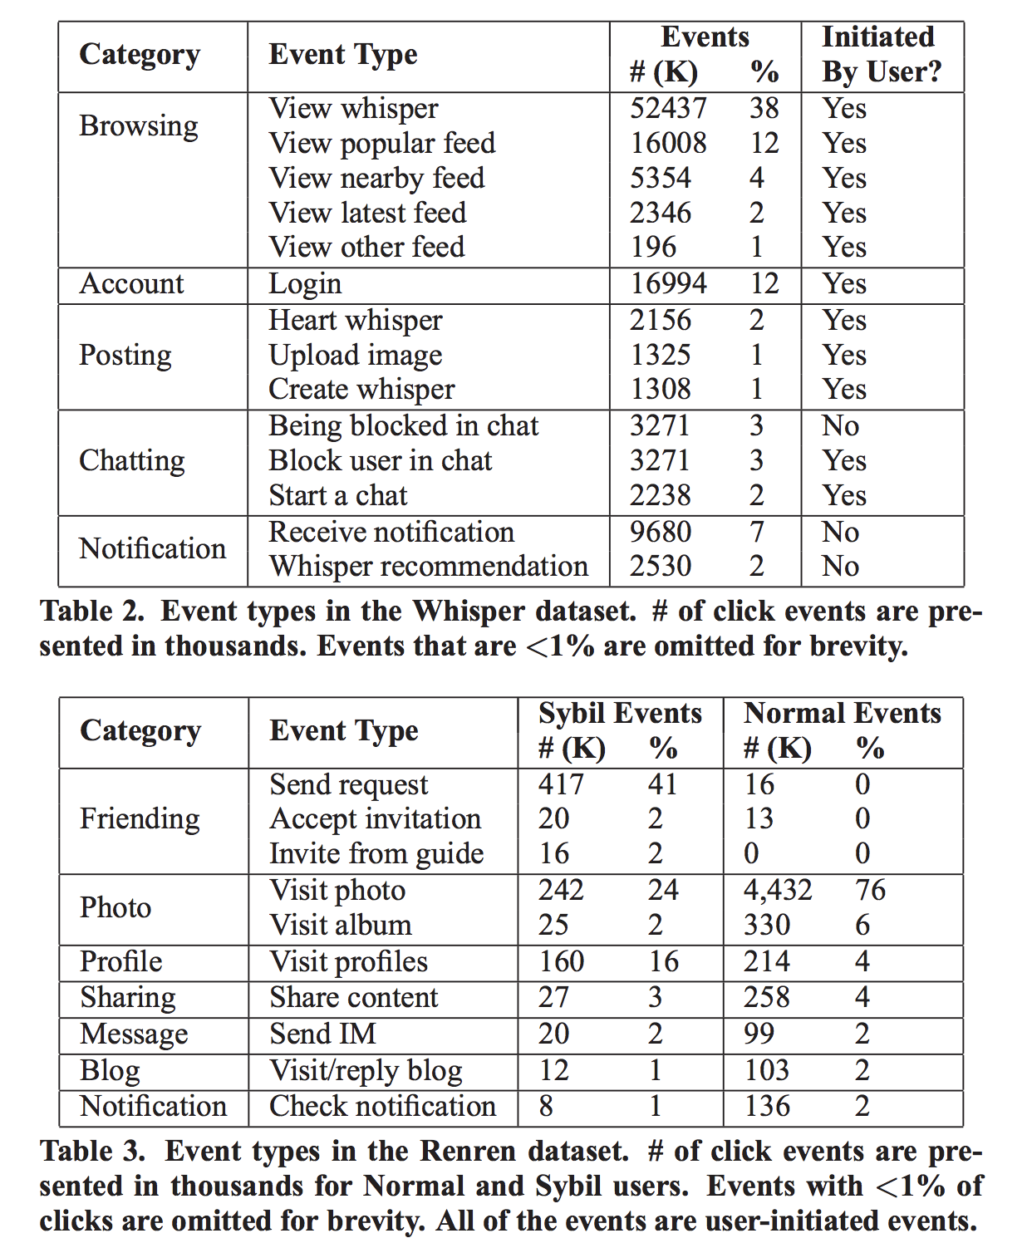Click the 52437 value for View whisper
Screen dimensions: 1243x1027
click(x=667, y=109)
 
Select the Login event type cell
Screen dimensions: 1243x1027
click(x=305, y=284)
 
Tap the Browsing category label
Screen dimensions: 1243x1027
click(x=139, y=126)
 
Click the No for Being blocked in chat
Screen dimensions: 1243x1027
click(x=840, y=426)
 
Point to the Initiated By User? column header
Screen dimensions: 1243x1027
click(x=881, y=55)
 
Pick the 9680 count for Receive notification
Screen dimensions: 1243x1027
click(x=661, y=533)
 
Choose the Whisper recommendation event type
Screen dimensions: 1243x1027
click(x=428, y=567)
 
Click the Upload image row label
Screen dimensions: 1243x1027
click(x=356, y=356)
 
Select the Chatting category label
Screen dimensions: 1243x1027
click(x=132, y=461)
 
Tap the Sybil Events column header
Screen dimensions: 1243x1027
click(x=620, y=714)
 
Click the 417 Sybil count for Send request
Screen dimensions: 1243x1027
click(x=561, y=784)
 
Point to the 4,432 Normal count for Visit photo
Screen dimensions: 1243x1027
click(x=777, y=891)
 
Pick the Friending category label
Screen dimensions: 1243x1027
click(x=140, y=819)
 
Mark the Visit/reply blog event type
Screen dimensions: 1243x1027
click(x=366, y=1071)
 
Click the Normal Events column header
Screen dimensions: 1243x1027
click(x=842, y=714)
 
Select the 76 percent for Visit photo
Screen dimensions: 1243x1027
click(x=870, y=891)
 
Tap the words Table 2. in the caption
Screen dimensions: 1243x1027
click(x=92, y=612)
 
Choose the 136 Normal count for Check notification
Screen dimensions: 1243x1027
click(x=766, y=1107)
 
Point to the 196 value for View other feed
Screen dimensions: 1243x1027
click(x=653, y=248)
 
